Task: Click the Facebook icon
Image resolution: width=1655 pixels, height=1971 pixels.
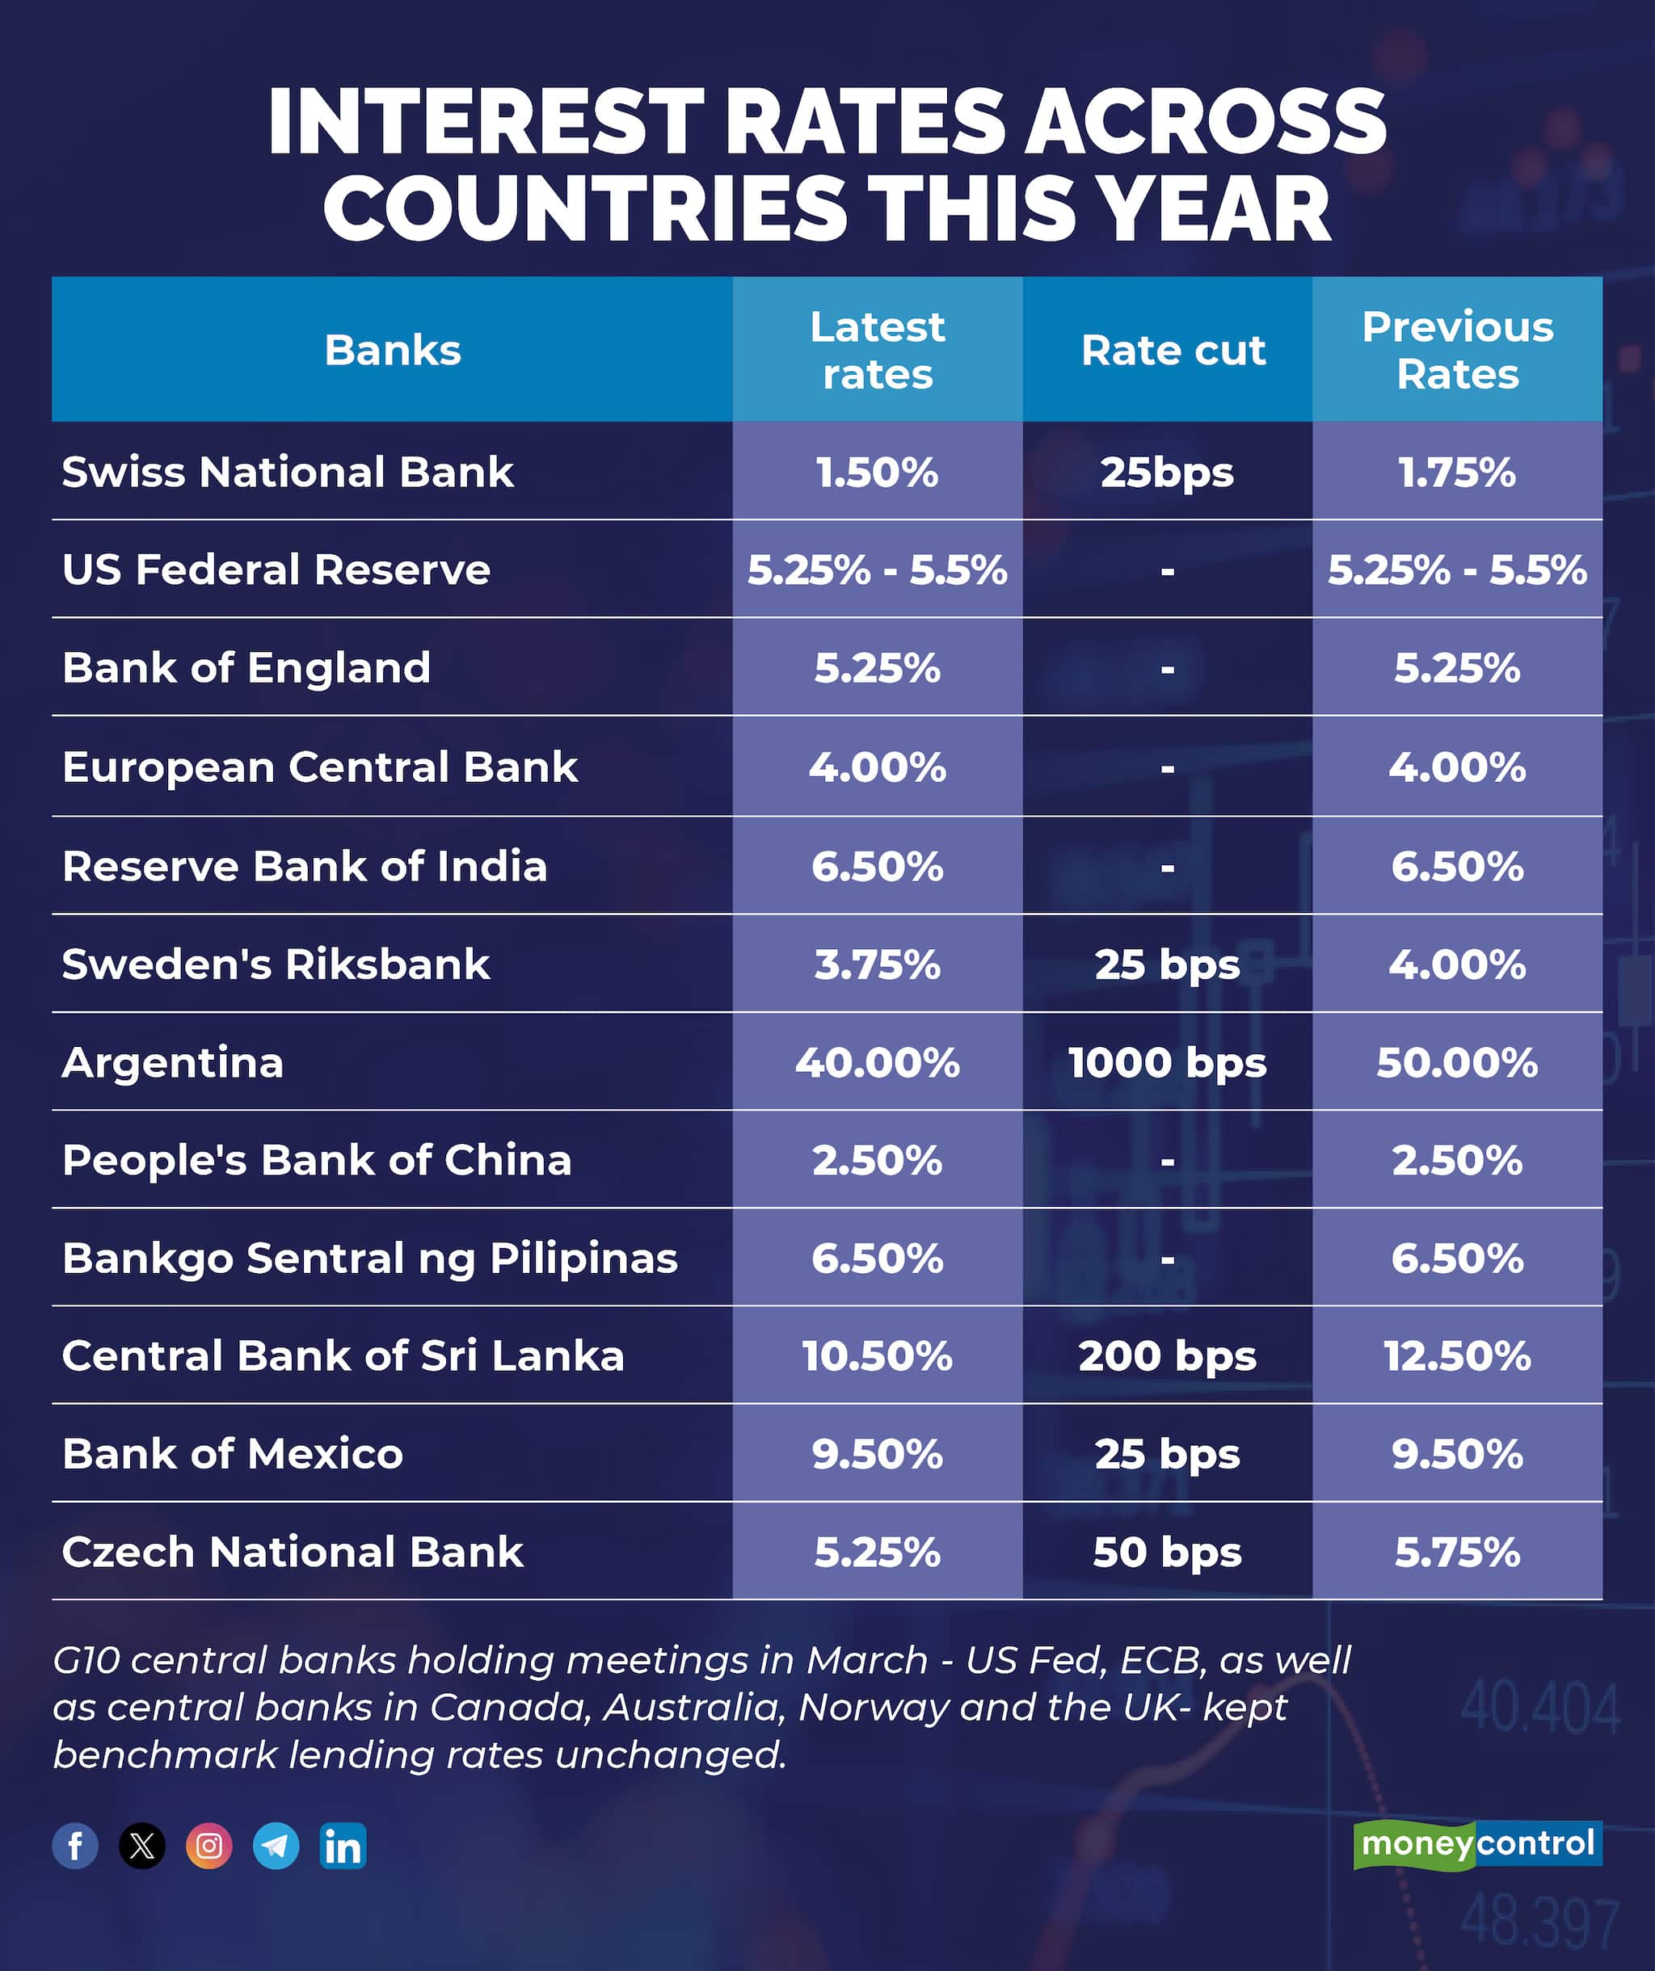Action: click(x=75, y=1845)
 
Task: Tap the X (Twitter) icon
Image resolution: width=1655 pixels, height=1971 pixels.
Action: click(x=141, y=1845)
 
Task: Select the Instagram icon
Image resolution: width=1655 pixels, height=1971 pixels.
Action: click(x=208, y=1845)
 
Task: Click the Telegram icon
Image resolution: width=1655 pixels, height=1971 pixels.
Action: click(x=276, y=1845)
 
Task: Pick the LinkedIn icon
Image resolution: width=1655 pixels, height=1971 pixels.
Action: click(x=343, y=1845)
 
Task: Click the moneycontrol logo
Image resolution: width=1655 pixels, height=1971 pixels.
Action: click(x=1476, y=1843)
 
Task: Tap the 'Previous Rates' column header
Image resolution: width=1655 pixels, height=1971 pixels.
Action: click(x=1457, y=350)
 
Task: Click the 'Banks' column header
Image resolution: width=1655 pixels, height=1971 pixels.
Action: click(x=393, y=350)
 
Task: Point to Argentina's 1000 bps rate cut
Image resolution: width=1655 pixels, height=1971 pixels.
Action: click(x=1167, y=1062)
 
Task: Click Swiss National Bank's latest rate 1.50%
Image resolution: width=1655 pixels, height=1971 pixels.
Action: click(x=877, y=472)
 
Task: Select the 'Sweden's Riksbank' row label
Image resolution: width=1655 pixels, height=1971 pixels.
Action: click(x=276, y=964)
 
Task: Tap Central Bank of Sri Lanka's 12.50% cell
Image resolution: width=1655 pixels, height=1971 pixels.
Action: click(x=1457, y=1355)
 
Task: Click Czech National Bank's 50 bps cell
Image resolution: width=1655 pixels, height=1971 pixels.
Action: click(x=1167, y=1552)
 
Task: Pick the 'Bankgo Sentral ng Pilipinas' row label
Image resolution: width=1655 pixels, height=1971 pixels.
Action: click(x=370, y=1258)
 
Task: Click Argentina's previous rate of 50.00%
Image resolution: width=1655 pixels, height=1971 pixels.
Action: click(x=1457, y=1062)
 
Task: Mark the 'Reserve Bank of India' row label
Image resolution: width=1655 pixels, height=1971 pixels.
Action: click(x=304, y=865)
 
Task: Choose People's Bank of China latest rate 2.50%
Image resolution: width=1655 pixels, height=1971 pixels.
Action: click(x=877, y=1160)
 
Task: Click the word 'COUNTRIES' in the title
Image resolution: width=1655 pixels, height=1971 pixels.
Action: click(x=585, y=208)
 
